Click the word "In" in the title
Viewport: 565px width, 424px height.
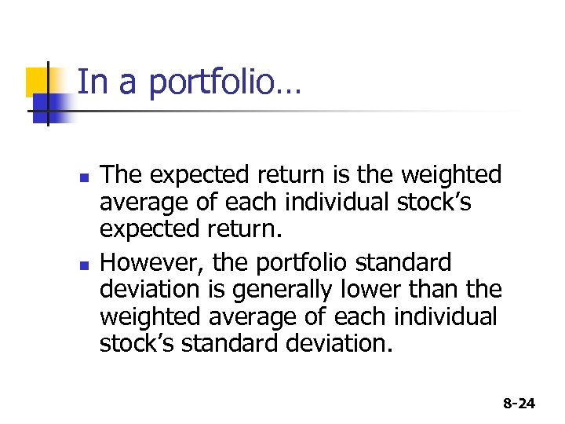93,82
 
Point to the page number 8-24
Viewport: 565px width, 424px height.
519,404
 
